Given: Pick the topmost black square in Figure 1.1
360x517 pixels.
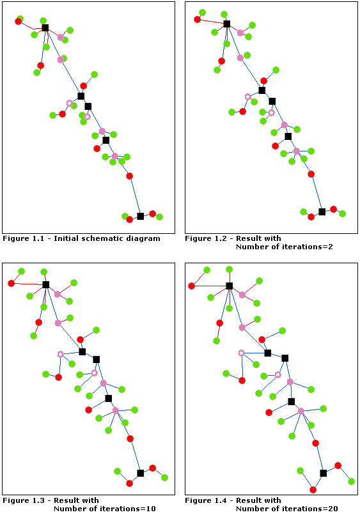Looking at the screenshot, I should (x=45, y=27).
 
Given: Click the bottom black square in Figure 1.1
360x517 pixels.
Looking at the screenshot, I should (x=141, y=216).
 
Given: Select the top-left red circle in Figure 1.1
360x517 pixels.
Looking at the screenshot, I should (x=19, y=22).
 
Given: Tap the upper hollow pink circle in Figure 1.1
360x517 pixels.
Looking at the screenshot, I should (x=70, y=103).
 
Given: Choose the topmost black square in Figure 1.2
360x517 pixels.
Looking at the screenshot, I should (x=227, y=24).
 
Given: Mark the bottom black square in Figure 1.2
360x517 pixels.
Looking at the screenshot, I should (x=322, y=212).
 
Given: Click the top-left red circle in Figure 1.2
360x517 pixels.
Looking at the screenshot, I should (x=198, y=19).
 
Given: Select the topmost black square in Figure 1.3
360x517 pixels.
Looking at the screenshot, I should (x=46, y=284).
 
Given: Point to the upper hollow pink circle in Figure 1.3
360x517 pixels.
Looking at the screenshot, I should (x=61, y=354).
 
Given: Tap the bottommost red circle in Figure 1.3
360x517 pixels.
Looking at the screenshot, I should (x=130, y=484).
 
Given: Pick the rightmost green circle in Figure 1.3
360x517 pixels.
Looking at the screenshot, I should (x=165, y=477).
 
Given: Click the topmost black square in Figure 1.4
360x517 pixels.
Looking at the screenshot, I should (x=229, y=286).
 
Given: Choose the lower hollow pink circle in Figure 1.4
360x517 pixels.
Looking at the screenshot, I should (x=278, y=374).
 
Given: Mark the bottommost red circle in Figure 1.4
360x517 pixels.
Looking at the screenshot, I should (x=313, y=490).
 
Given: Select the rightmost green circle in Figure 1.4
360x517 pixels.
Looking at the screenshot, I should (x=352, y=481).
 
